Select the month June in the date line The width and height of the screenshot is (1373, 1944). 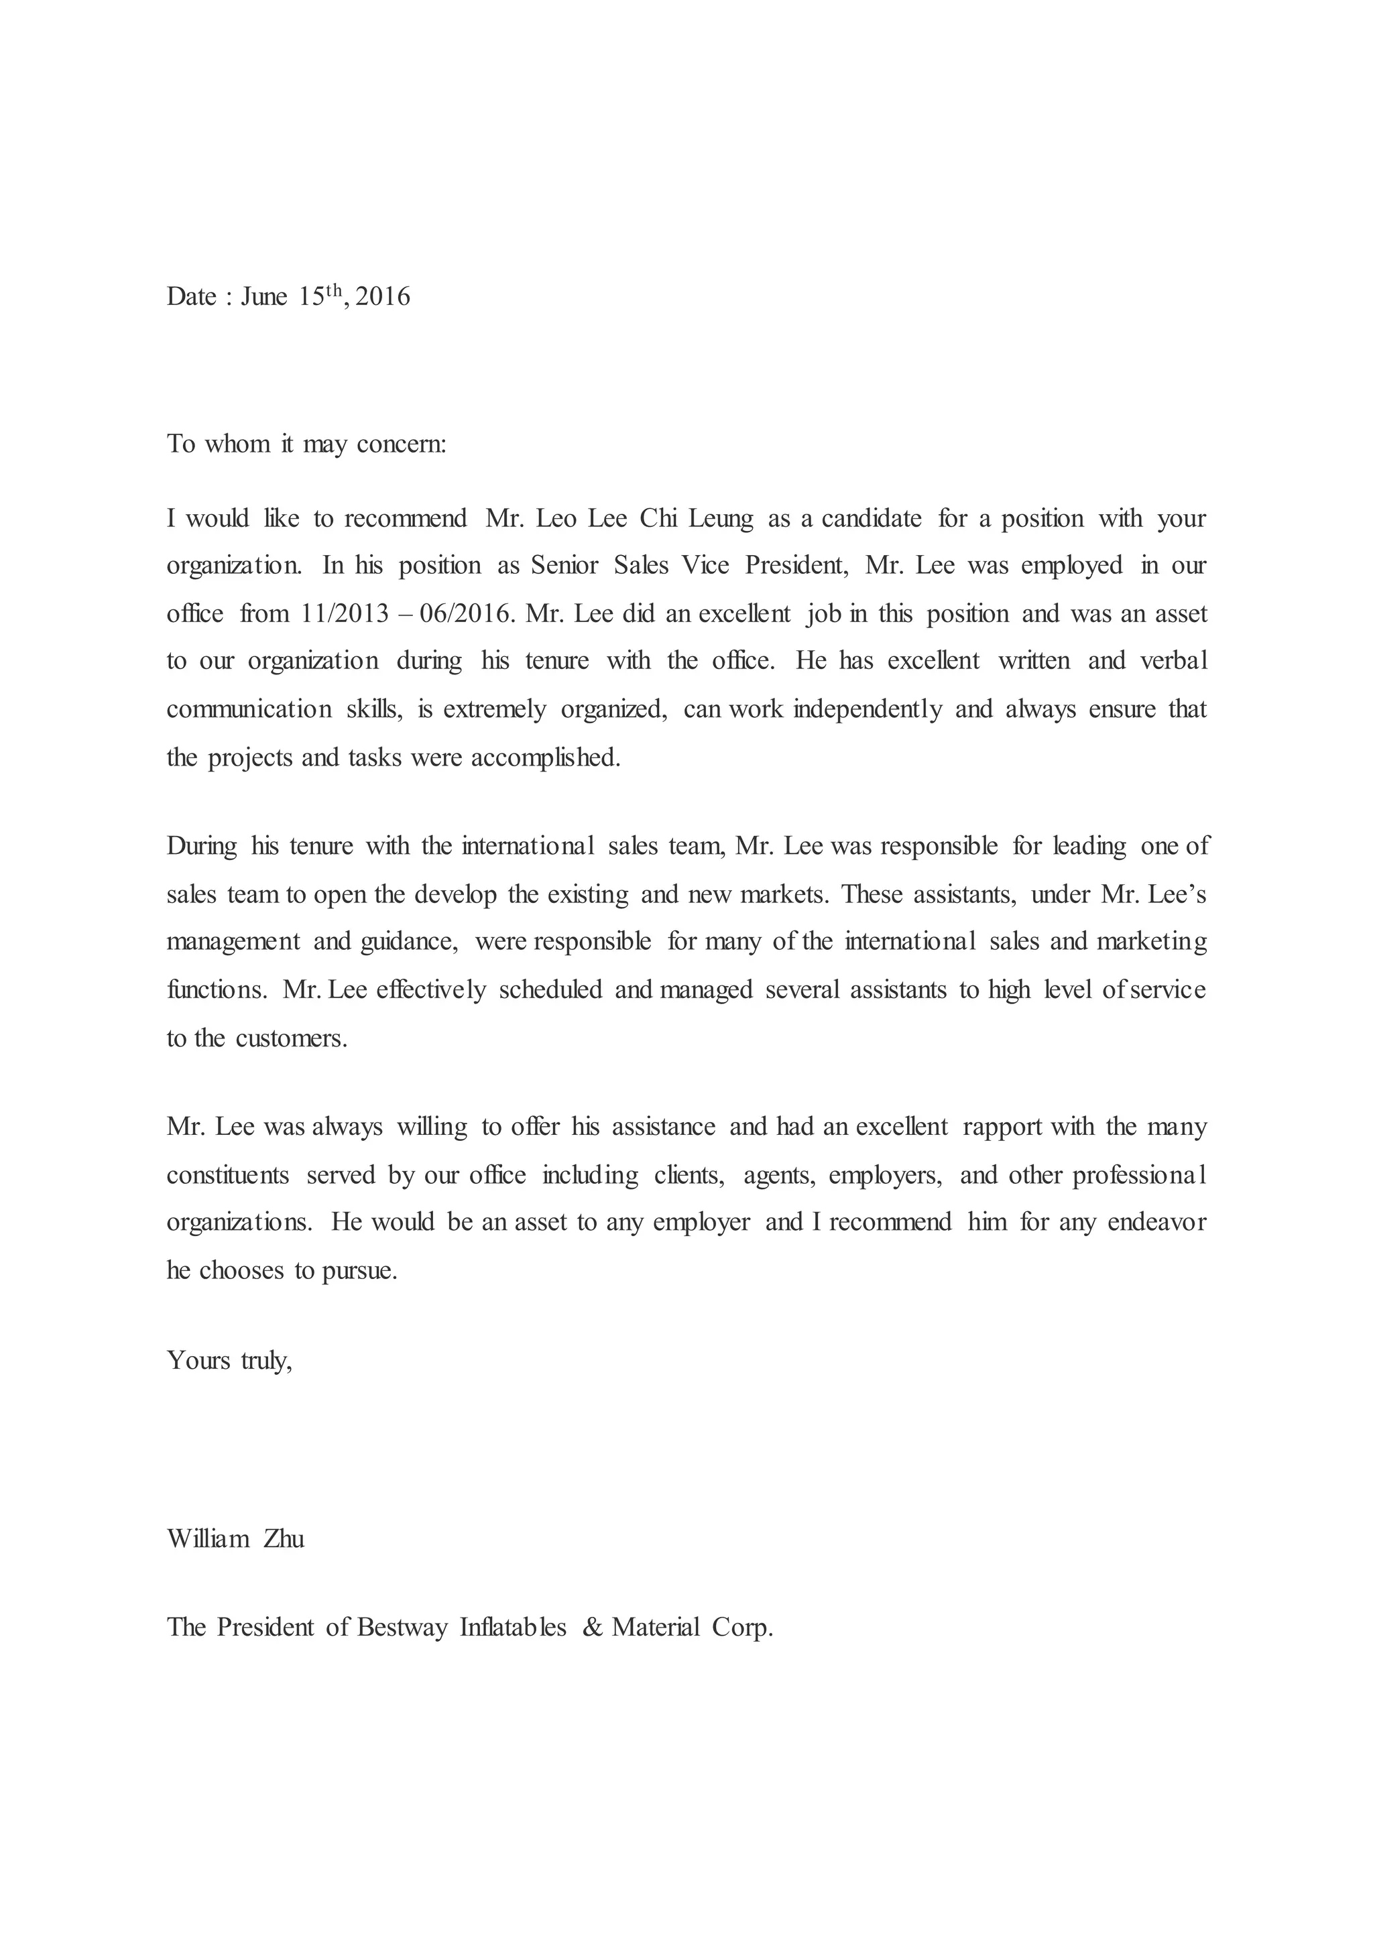pyautogui.click(x=264, y=296)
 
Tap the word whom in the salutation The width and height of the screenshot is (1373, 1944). pyautogui.click(x=237, y=444)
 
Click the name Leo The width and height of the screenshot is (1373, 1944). pyautogui.click(x=556, y=518)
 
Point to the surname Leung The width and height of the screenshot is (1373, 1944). pyautogui.click(x=720, y=518)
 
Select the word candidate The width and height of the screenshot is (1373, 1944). pyautogui.click(x=871, y=518)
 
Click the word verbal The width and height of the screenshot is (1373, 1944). pyautogui.click(x=1173, y=660)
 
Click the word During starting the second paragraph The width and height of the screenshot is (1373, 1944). pyautogui.click(x=202, y=846)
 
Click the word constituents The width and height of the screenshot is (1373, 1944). pyautogui.click(x=228, y=1175)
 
